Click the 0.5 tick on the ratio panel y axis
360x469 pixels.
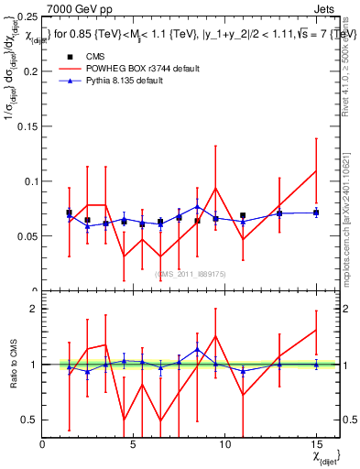30,420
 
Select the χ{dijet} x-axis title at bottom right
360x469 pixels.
325,455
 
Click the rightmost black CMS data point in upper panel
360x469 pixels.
315,213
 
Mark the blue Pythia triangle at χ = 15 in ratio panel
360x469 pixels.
315,365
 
